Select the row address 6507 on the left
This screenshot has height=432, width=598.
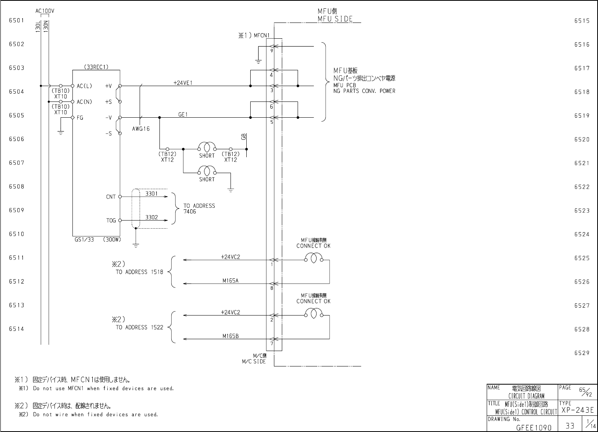tap(17, 163)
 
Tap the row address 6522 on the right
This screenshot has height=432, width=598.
tap(582, 187)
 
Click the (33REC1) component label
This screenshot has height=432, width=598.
tap(96, 67)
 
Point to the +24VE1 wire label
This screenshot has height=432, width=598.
tap(183, 83)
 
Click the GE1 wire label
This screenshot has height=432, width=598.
tap(183, 115)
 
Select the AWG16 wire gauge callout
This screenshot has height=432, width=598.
tap(141, 129)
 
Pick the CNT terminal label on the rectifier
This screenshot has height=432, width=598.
tap(111, 197)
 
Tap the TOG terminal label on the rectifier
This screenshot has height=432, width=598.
tap(111, 220)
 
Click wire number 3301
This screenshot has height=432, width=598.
tap(151, 193)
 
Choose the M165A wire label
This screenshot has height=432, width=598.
tap(231, 281)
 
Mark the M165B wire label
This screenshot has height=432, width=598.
tap(231, 336)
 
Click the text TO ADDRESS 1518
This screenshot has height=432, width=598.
tap(139, 272)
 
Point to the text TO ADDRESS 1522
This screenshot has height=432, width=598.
tap(139, 327)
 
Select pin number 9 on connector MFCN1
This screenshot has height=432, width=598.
tap(272, 51)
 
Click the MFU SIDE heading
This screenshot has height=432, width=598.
tap(335, 19)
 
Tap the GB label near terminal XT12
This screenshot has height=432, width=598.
tap(244, 137)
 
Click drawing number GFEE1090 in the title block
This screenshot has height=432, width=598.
tap(533, 427)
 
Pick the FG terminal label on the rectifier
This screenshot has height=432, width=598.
tap(80, 118)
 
